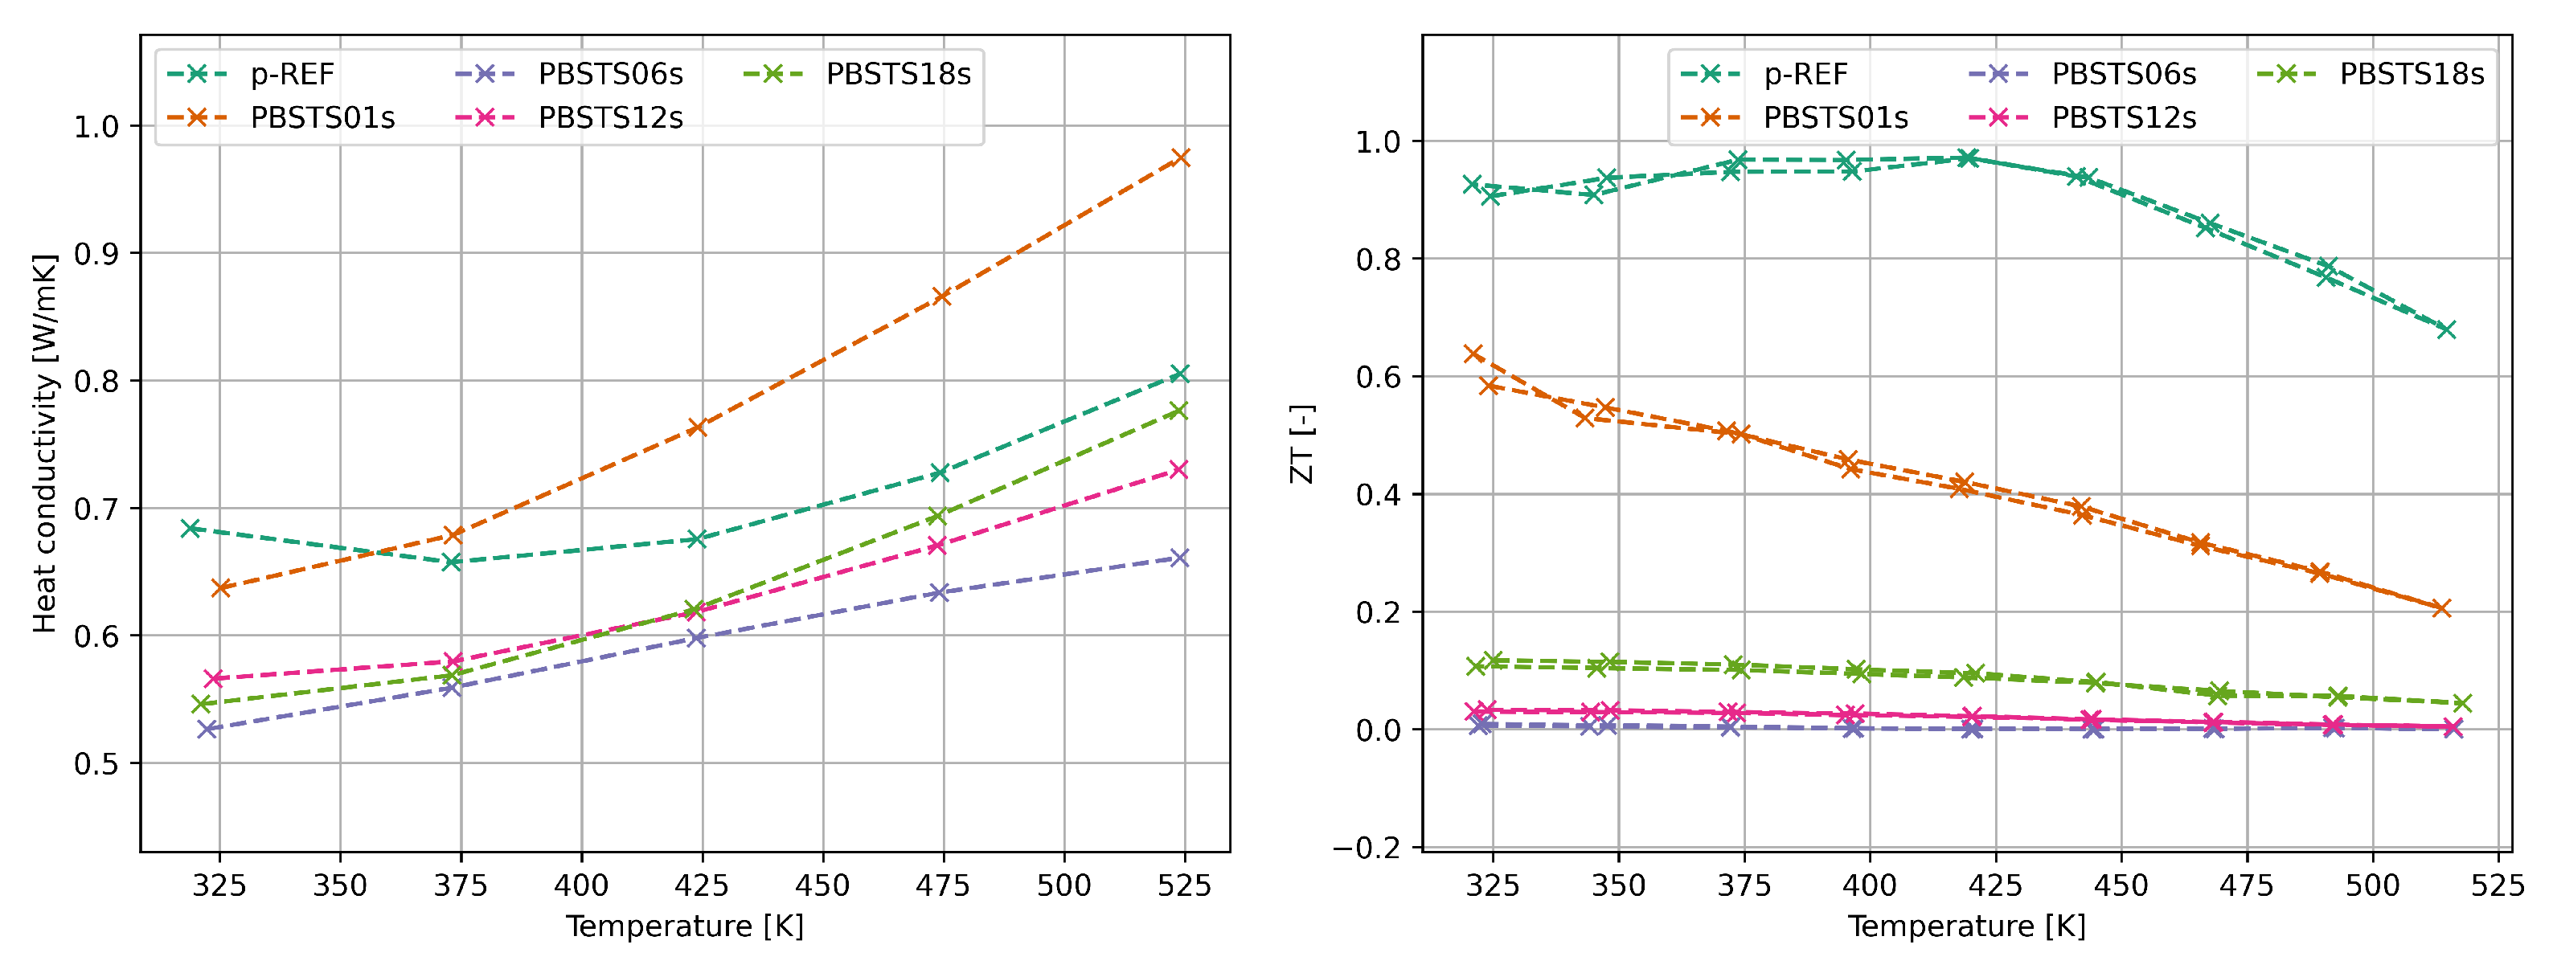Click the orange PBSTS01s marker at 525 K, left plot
click(1180, 158)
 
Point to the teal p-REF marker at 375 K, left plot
click(452, 562)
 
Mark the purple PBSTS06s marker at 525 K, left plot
click(1179, 558)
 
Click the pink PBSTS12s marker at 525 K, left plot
click(1178, 469)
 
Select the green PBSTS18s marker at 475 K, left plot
click(937, 515)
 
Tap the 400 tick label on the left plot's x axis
click(580, 885)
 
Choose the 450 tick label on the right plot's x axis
click(2121, 885)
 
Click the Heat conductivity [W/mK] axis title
click(44, 444)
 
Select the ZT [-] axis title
click(1301, 444)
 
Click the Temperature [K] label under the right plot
click(1966, 926)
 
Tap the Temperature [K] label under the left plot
click(685, 926)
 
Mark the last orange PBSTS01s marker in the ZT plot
click(2441, 608)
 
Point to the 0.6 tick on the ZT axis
click(1378, 378)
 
